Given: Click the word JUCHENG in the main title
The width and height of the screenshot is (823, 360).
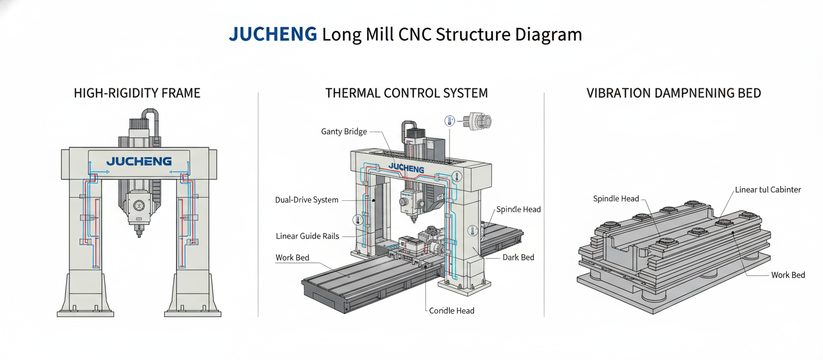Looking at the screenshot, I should (x=273, y=34).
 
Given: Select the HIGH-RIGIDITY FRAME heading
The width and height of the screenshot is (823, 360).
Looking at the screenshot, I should (x=137, y=93).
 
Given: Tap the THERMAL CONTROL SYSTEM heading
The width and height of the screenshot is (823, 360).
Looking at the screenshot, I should (x=407, y=93).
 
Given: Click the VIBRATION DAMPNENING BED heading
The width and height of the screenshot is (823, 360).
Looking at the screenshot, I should (x=674, y=93).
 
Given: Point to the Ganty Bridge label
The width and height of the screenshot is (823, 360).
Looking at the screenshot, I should (x=344, y=131).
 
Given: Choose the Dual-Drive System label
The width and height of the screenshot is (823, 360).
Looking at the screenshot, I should (x=306, y=200).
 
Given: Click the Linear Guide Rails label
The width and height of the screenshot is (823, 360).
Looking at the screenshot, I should (x=308, y=236).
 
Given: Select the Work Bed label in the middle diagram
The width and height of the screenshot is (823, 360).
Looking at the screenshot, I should (x=292, y=258).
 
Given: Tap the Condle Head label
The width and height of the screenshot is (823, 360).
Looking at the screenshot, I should (x=452, y=311).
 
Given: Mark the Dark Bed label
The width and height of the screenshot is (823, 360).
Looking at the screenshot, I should (x=518, y=258).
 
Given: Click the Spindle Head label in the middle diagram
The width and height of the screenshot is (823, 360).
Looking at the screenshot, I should (x=518, y=209).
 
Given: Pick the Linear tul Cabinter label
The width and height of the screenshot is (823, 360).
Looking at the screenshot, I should (x=768, y=190).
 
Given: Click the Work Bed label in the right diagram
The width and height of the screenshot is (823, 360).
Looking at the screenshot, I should (x=788, y=275).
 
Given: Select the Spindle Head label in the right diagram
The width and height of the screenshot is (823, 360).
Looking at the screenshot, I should (x=616, y=199).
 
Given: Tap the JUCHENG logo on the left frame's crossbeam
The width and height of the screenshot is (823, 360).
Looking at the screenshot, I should (x=139, y=161).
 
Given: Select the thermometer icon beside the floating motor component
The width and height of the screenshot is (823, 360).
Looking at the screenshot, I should (x=449, y=121).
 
